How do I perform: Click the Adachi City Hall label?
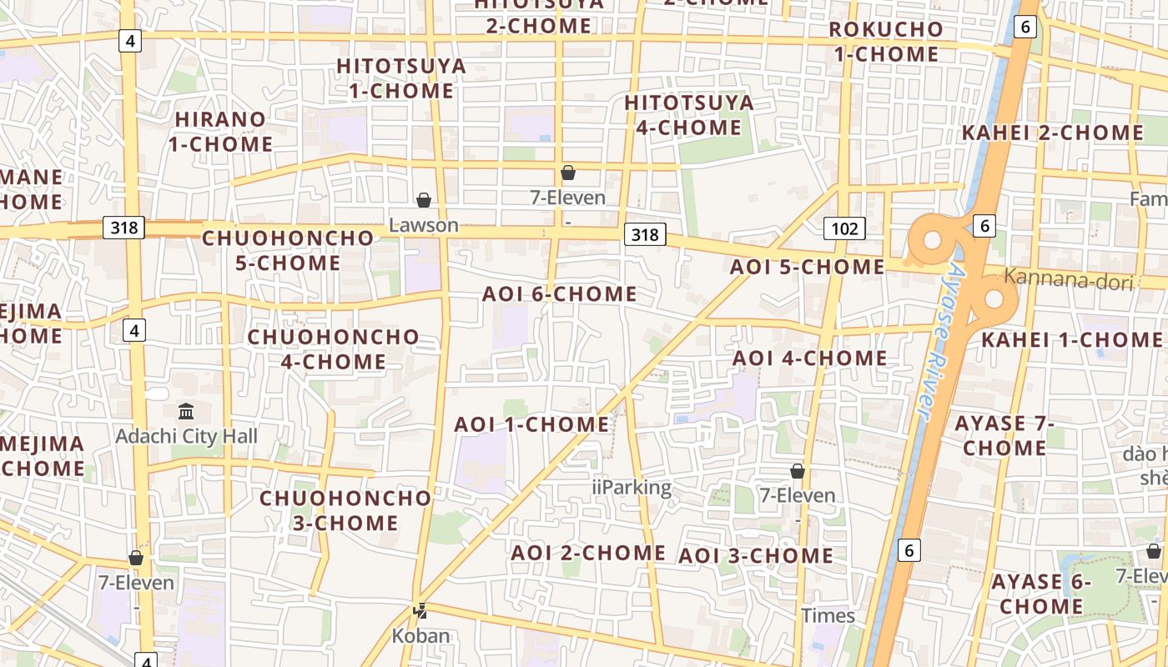186,436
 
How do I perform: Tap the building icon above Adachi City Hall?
186,411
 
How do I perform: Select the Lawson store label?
424,225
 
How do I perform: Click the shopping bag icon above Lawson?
424,200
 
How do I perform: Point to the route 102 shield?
844,228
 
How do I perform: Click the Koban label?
421,635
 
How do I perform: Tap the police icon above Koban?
420,611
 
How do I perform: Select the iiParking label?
632,488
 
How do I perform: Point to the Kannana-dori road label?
1069,278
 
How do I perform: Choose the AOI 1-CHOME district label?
531,424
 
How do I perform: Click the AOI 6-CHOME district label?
559,294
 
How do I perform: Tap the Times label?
828,616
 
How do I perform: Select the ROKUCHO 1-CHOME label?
885,42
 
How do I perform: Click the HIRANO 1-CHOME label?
220,132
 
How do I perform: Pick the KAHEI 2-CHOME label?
1052,133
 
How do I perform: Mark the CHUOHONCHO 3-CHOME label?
345,510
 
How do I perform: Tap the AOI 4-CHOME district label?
809,359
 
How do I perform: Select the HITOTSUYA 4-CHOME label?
688,115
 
